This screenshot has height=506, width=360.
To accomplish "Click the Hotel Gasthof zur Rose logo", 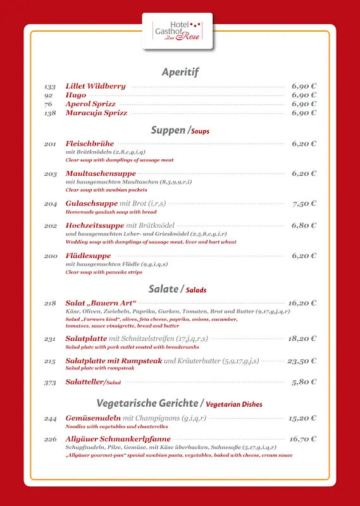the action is (177, 30).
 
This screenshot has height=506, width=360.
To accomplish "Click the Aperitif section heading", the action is (180, 71).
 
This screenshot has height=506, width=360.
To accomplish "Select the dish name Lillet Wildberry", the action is (96, 86).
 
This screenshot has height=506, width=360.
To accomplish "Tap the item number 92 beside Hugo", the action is (48, 95).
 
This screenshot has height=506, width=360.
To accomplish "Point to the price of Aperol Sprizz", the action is (304, 104).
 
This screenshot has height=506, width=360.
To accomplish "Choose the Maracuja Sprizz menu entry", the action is (96, 113).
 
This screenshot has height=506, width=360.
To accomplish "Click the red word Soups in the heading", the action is (200, 132).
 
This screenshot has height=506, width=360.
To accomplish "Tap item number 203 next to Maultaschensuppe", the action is (51, 173).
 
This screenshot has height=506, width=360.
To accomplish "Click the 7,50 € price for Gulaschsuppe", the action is (304, 204).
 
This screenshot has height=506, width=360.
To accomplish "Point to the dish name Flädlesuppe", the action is (89, 256).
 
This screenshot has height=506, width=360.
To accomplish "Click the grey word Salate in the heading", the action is (163, 289).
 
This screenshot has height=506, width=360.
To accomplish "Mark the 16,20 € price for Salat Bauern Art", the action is (302, 303).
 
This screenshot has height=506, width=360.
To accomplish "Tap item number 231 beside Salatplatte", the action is (51, 339).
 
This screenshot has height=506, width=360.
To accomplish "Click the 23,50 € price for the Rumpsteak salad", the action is (302, 361).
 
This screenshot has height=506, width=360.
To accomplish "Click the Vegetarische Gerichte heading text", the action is (147, 403).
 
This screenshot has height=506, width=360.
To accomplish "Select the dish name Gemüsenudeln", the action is (93, 418).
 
